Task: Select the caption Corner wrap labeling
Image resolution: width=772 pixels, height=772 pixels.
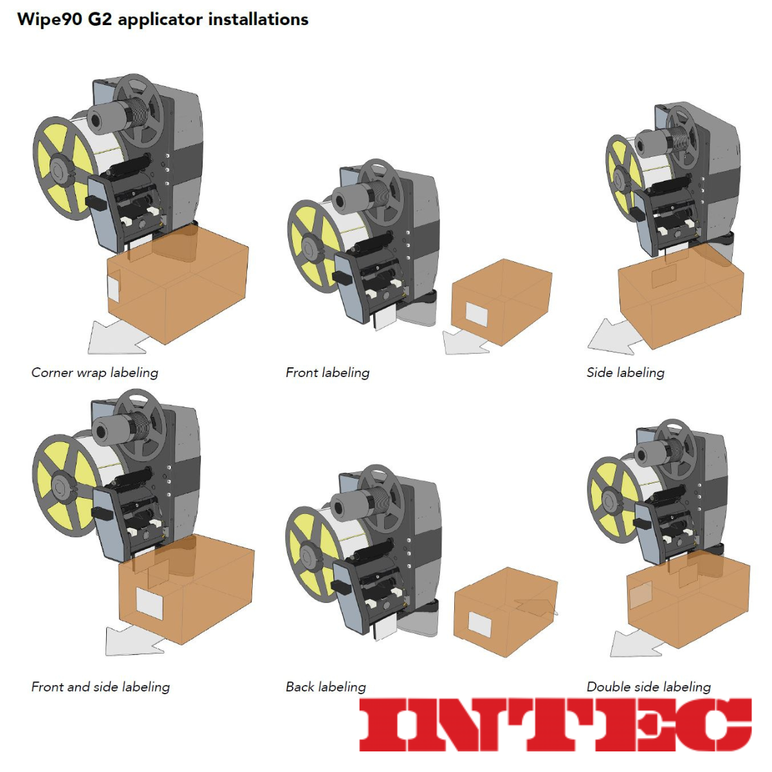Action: pyautogui.click(x=95, y=373)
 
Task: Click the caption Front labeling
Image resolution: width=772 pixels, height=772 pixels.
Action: pyautogui.click(x=327, y=373)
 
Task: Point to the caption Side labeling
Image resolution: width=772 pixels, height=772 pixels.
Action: pyautogui.click(x=625, y=373)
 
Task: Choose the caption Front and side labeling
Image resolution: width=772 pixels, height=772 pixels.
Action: pyautogui.click(x=100, y=687)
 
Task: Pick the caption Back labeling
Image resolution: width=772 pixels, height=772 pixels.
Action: pyautogui.click(x=326, y=687)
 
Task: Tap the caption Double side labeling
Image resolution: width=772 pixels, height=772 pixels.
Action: pyautogui.click(x=648, y=687)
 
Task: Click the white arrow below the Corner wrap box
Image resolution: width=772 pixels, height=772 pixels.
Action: pyautogui.click(x=116, y=338)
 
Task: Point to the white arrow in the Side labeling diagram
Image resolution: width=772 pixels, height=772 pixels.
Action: pyautogui.click(x=613, y=338)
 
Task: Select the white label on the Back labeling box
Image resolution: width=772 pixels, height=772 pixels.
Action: pyautogui.click(x=479, y=624)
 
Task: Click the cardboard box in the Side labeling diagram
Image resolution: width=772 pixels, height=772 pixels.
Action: pyautogui.click(x=681, y=297)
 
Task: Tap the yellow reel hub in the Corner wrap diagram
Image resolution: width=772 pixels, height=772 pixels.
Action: pyautogui.click(x=64, y=169)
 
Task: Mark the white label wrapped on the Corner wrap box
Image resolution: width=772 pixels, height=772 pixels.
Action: pyautogui.click(x=113, y=285)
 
